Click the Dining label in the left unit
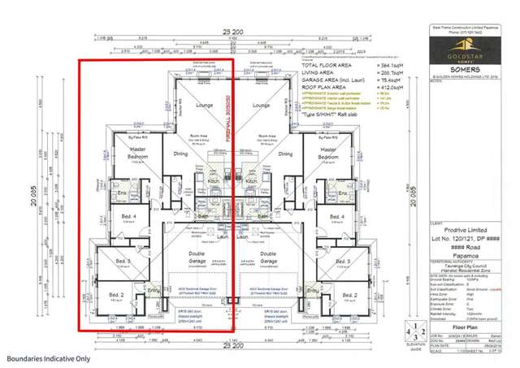pos(180,152)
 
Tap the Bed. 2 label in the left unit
pos(116,294)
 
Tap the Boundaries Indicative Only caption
pos(50,357)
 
